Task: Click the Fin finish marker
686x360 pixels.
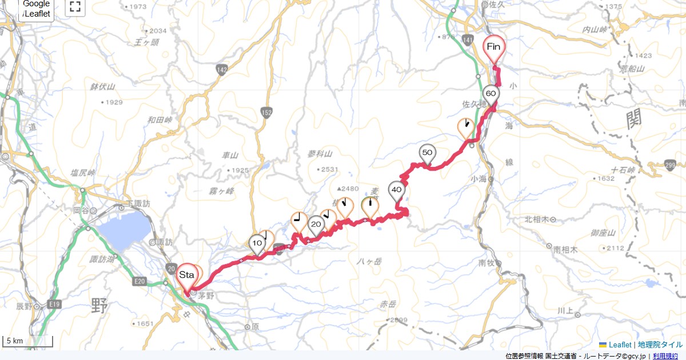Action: click(x=494, y=47)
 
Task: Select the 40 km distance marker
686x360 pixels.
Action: click(x=396, y=190)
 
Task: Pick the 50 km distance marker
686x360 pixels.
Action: click(x=427, y=153)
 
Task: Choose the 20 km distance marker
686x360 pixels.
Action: click(x=316, y=225)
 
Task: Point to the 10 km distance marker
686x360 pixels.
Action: click(x=257, y=243)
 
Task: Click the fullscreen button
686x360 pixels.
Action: click(x=75, y=7)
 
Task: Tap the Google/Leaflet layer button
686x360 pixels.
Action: click(x=36, y=9)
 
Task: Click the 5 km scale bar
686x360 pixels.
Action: click(x=28, y=342)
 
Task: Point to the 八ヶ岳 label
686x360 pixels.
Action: click(x=369, y=261)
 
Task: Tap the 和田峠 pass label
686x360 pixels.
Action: click(x=160, y=119)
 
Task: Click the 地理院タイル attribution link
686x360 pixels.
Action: click(x=660, y=345)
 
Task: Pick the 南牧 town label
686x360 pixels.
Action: click(x=486, y=263)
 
